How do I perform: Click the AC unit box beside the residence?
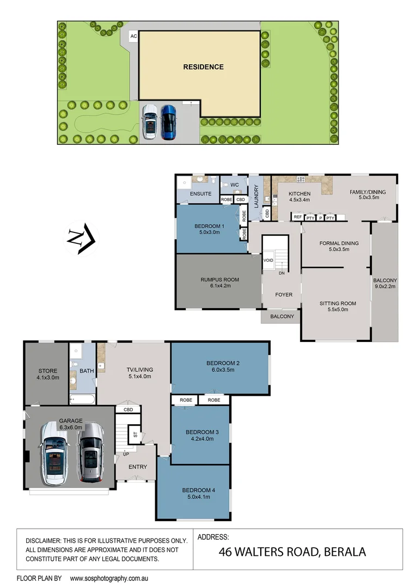pos(133,36)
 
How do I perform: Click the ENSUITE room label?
pos(200,193)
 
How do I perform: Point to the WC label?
pos(235,185)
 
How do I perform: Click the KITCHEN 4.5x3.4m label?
pos(299,197)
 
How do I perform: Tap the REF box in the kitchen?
pos(298,217)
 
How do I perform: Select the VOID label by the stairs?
pos(268,260)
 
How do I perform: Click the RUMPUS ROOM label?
pos(216,283)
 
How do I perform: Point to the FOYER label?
pos(284,295)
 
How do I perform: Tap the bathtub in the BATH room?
pos(82,400)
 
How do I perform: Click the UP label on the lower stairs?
pos(125,453)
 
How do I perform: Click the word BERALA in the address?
pos(344,552)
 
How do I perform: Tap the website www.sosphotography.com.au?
pos(109,578)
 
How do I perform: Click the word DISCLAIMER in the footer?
pos(44,541)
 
